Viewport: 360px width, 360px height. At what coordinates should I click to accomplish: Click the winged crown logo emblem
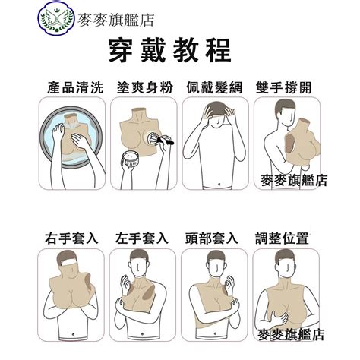click(x=56, y=17)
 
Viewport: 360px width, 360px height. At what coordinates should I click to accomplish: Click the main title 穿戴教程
click(x=169, y=50)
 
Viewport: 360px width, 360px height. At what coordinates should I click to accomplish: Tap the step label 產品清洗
click(x=75, y=87)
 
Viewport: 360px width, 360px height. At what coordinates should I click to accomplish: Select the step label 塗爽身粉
click(x=145, y=87)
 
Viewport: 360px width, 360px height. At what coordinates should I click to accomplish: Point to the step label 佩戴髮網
click(x=214, y=87)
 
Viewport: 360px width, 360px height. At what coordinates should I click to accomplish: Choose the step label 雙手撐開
click(x=283, y=87)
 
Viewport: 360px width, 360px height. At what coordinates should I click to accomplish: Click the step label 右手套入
click(x=71, y=238)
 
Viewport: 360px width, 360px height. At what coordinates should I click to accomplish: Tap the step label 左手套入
click(x=142, y=238)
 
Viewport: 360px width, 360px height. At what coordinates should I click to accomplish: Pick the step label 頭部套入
click(x=212, y=238)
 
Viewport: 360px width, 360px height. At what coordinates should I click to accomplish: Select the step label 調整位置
click(x=282, y=238)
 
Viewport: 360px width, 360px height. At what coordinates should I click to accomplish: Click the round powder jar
click(x=131, y=159)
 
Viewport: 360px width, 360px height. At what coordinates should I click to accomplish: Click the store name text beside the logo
click(x=116, y=21)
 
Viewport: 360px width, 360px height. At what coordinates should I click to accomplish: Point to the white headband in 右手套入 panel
click(x=70, y=262)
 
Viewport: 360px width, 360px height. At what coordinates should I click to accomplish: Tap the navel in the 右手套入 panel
click(x=73, y=334)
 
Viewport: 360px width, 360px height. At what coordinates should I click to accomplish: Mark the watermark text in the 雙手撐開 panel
click(x=294, y=181)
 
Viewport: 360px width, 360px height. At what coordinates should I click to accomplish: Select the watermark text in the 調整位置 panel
click(x=291, y=334)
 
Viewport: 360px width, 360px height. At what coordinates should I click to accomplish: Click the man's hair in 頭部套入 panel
click(x=216, y=256)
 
